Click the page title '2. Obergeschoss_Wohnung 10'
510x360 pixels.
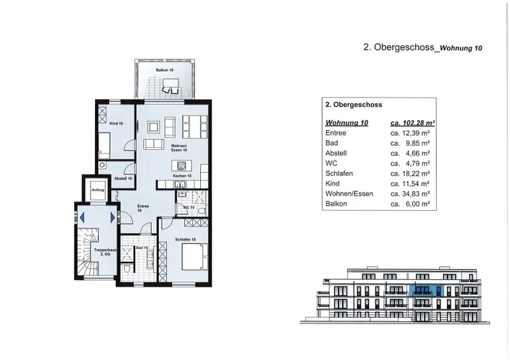pos(423,48)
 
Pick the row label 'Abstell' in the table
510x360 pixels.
pos(337,154)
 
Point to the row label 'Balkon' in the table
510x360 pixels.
pos(336,204)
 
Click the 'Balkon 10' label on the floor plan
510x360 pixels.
pos(164,69)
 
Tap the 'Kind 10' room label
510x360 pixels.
pos(116,123)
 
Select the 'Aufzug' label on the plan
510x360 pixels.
pos(98,190)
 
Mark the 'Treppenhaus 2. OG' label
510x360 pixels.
pos(103,252)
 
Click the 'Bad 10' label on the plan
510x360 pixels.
pos(142,248)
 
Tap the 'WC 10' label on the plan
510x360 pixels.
pos(188,208)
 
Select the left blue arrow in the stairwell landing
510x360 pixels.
pos(79,217)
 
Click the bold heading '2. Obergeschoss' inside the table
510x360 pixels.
pos(354,105)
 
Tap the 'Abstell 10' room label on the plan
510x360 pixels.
pos(123,178)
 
